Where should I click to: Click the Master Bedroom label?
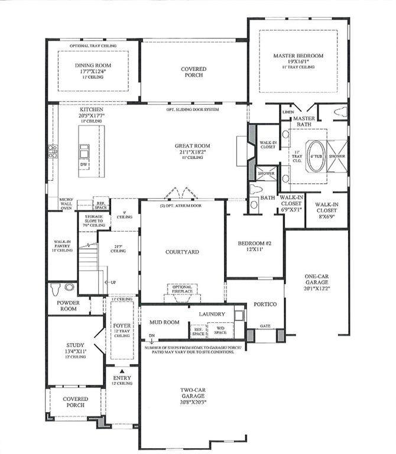298,56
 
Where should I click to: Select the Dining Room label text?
93,66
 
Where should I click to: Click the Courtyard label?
182,252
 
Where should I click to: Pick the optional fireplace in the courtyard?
182,290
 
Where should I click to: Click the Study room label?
76,345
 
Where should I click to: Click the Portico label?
265,304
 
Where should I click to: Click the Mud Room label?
164,322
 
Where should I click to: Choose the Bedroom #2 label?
254,244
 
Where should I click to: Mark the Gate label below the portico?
265,325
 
